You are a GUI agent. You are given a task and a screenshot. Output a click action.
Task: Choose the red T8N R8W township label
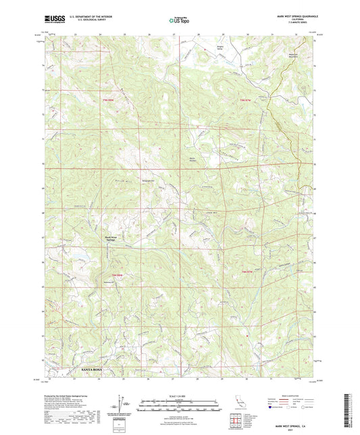coord(115,274)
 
